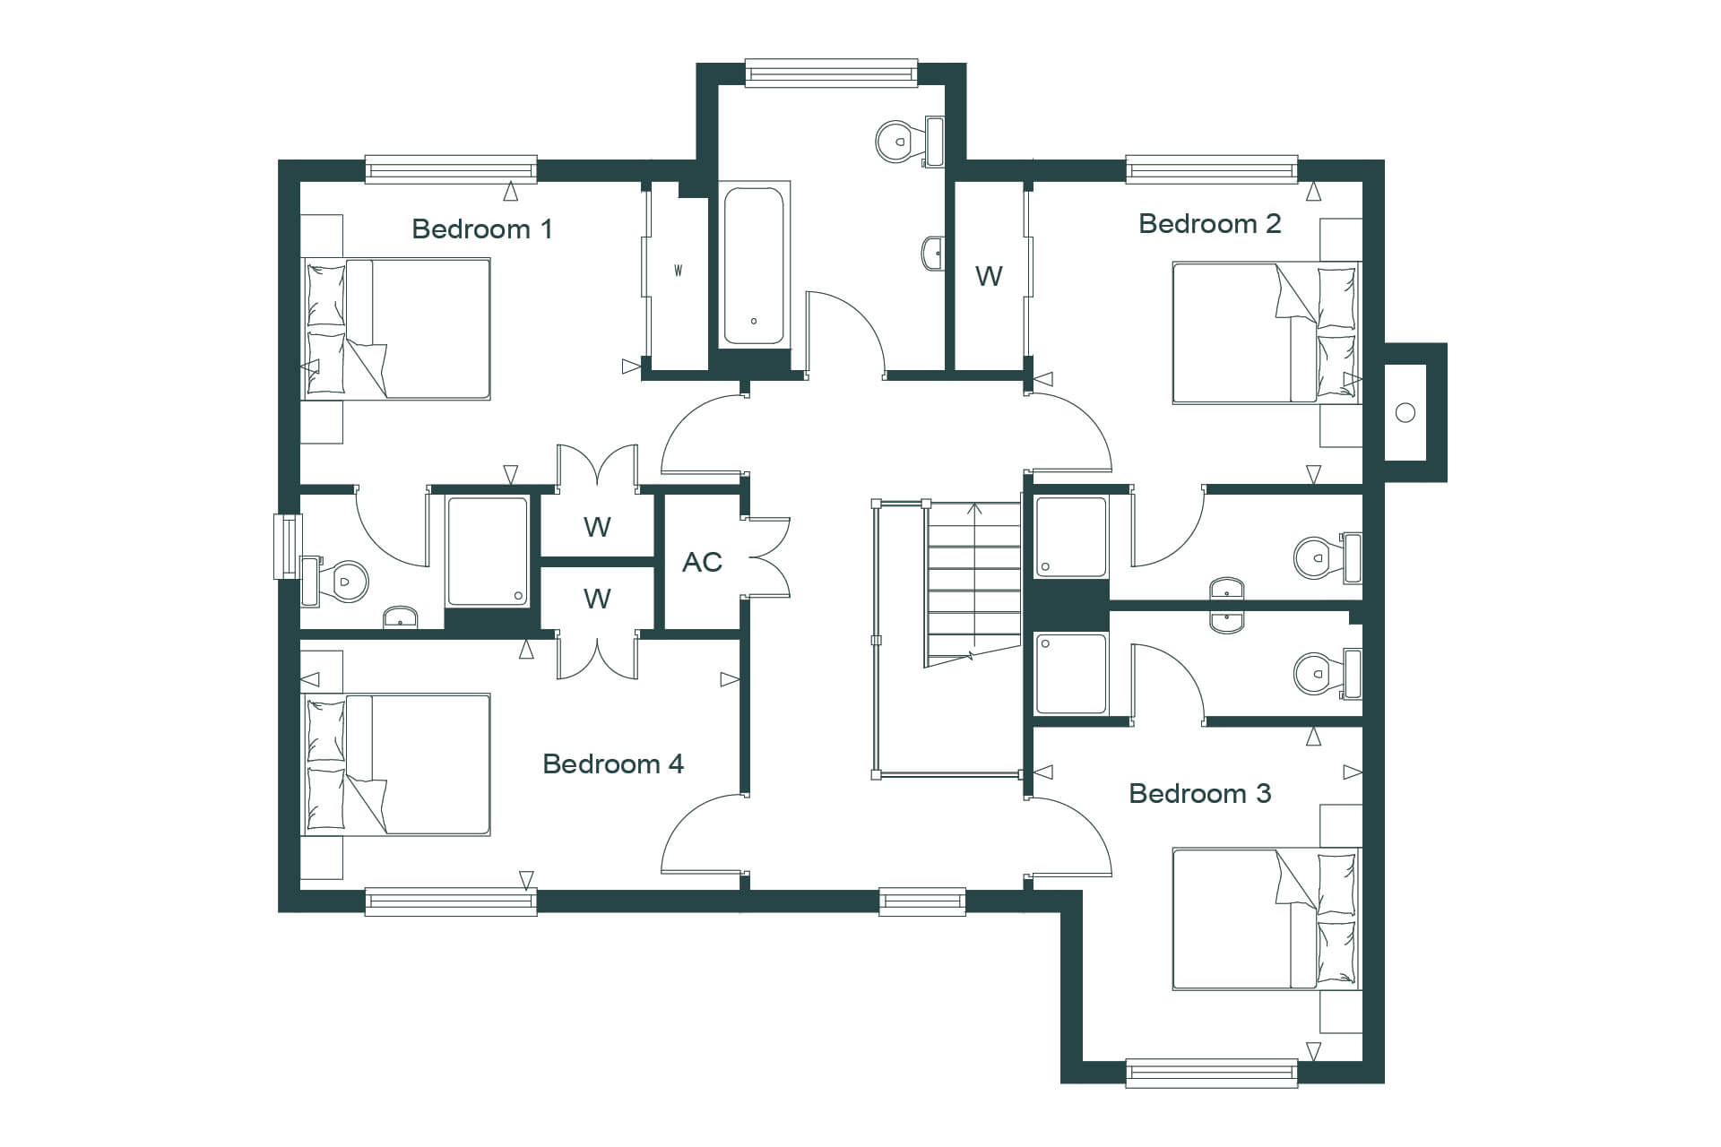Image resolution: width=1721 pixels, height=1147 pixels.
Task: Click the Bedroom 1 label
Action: click(x=481, y=229)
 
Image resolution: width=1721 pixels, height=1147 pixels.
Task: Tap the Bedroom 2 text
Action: click(x=1209, y=223)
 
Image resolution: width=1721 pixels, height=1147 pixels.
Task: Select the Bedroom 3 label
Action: click(x=1199, y=793)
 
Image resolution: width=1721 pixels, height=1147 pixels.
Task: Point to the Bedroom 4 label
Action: click(x=613, y=763)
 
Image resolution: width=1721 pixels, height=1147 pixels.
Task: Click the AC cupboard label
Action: click(x=702, y=562)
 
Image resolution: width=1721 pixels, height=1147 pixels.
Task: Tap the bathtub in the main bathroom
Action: click(x=754, y=265)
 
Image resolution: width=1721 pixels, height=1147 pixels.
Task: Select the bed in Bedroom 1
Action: click(x=395, y=329)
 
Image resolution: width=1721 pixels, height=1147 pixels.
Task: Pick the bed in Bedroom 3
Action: click(x=1267, y=919)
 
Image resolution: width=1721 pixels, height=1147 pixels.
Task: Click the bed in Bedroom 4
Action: click(x=395, y=764)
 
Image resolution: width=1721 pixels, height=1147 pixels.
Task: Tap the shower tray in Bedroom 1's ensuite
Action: click(x=488, y=551)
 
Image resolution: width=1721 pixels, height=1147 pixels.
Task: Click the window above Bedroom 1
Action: click(x=451, y=169)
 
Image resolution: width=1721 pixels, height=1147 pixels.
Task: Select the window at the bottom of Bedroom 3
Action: click(x=1211, y=1073)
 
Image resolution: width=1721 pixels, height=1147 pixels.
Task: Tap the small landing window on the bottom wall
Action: click(x=922, y=901)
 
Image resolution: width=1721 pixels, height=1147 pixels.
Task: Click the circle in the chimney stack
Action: click(x=1405, y=412)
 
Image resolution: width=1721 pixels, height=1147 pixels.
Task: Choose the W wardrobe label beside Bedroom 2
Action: click(x=989, y=276)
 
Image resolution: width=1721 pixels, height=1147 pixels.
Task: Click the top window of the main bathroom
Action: click(x=832, y=73)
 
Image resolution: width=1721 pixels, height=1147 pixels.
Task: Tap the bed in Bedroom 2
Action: click(x=1267, y=332)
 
